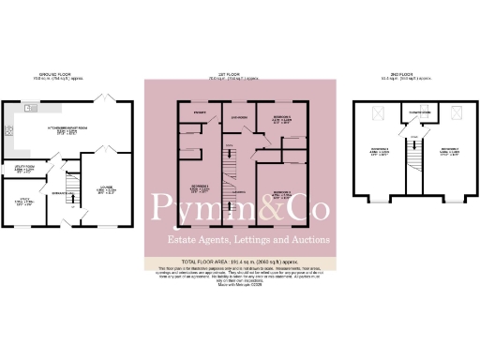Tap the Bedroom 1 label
(198, 188)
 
